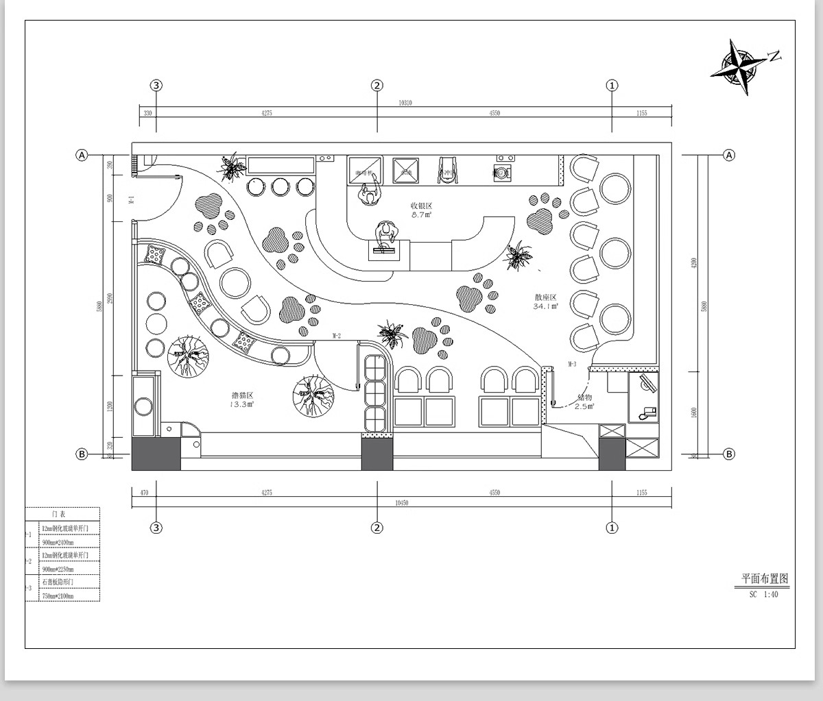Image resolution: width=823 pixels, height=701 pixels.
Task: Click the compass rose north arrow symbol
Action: coord(738,67)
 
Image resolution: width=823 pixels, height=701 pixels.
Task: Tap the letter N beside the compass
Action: coord(774,56)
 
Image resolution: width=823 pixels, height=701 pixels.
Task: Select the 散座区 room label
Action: coord(546,297)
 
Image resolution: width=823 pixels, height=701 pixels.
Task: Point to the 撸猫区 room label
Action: coord(243,396)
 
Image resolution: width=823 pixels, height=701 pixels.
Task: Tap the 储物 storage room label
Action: coord(584,397)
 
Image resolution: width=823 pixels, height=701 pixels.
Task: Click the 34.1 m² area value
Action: coord(546,306)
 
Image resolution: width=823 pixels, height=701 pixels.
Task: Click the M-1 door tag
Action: coord(130,199)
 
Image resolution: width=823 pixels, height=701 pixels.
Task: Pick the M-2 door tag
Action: coord(337,336)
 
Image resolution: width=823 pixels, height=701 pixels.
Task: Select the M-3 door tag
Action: coord(571,363)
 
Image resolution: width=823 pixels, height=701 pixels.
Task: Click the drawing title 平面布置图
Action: coord(765,579)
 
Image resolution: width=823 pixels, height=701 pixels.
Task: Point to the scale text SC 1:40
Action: coord(763,595)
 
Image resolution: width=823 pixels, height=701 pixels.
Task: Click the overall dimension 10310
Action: coord(405,103)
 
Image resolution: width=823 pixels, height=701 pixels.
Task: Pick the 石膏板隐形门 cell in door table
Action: coord(58,582)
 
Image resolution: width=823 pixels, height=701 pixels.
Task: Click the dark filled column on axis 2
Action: coord(377,454)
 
